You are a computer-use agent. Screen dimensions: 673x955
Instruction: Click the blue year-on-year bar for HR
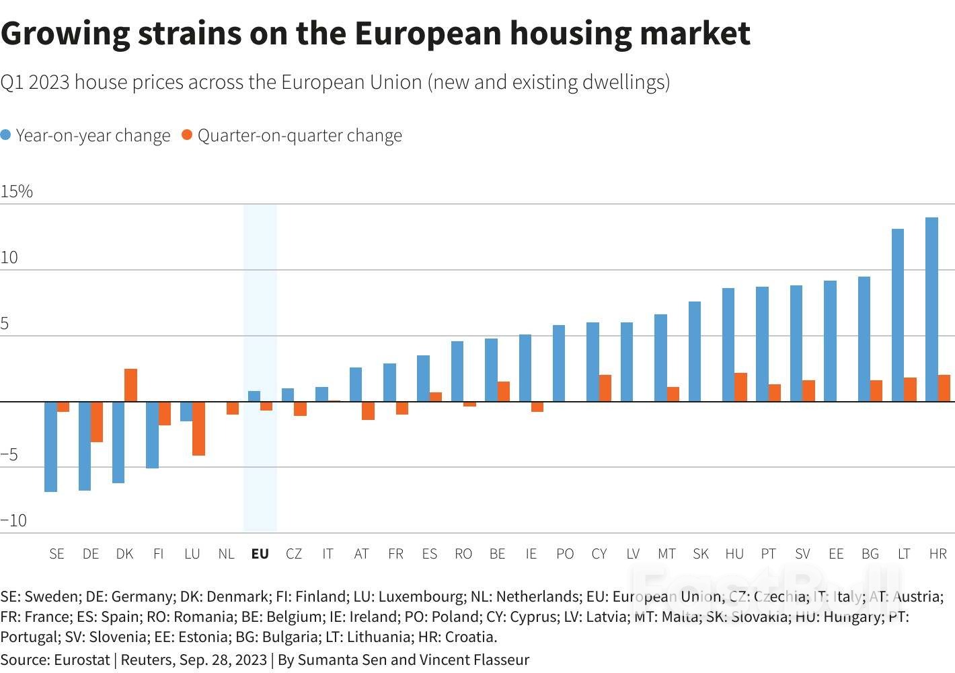pos(931,310)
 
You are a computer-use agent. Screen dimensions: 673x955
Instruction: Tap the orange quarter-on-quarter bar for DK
pos(130,385)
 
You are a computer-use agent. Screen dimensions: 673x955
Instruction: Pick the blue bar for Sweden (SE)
pos(50,446)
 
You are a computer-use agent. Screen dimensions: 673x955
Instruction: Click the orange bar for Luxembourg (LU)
pos(198,428)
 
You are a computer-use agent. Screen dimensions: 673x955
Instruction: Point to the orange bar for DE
pos(97,421)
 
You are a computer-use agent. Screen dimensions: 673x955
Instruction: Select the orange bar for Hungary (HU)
pos(740,387)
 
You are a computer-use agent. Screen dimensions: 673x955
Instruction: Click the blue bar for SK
pos(695,351)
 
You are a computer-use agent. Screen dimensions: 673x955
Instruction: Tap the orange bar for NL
pos(232,408)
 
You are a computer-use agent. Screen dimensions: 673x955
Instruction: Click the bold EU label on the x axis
pos(260,554)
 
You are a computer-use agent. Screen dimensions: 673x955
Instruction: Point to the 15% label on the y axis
pos(17,192)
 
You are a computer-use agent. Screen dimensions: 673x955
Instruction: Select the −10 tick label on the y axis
pos(14,520)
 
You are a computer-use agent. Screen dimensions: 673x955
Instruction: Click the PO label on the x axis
pos(565,554)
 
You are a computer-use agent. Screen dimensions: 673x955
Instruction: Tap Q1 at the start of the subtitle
pos(11,82)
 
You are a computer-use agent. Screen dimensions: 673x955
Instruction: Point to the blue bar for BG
pos(864,339)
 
